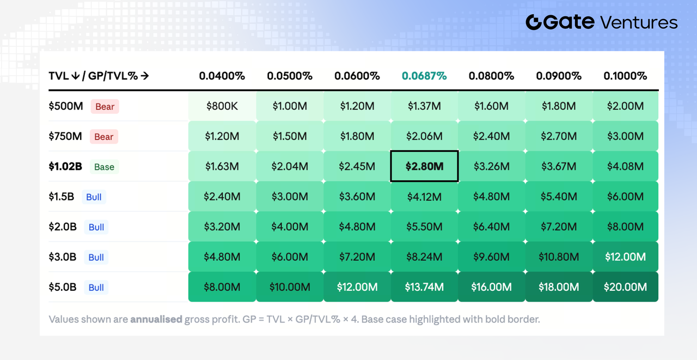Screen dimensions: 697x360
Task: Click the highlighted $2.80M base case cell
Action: [424, 166]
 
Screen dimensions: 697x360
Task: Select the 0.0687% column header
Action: [424, 76]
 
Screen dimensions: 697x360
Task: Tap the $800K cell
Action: [222, 106]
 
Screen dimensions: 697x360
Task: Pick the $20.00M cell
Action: [625, 287]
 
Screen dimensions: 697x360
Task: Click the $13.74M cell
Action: [424, 287]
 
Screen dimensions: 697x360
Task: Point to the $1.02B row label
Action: [65, 167]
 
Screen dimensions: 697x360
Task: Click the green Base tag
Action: [104, 167]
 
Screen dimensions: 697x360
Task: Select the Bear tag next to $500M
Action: [105, 106]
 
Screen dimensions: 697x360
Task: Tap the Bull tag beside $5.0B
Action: [96, 287]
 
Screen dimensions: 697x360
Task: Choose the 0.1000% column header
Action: [625, 76]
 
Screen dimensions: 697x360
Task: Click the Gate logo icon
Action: [534, 22]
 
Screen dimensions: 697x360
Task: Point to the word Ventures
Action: [639, 23]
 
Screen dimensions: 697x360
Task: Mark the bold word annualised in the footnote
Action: [156, 319]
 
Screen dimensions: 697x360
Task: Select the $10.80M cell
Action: [559, 257]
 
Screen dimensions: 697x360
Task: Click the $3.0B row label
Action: [63, 257]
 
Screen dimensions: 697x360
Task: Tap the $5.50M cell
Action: [424, 227]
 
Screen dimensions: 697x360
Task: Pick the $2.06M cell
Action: [424, 136]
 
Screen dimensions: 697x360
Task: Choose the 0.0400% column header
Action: [222, 76]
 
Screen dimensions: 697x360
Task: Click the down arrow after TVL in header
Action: [75, 76]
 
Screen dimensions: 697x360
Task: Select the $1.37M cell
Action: [424, 106]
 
